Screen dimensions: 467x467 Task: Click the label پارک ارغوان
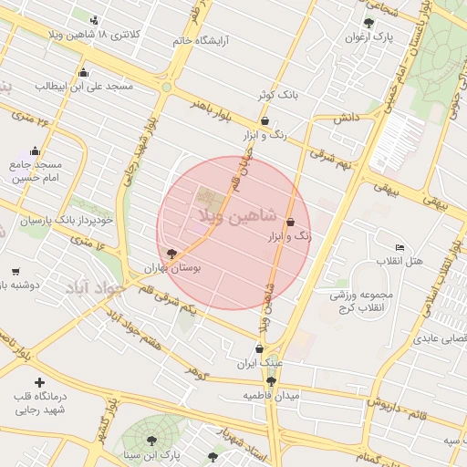click(368, 38)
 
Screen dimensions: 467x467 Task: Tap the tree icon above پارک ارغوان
click(368, 24)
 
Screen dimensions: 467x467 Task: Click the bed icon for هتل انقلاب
click(400, 248)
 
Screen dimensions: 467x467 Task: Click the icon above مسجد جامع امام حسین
click(35, 151)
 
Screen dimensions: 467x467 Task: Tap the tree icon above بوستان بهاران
click(171, 254)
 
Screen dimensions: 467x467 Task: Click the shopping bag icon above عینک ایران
click(260, 348)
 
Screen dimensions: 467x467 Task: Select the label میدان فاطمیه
click(272, 395)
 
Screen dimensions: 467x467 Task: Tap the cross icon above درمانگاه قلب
click(38, 382)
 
